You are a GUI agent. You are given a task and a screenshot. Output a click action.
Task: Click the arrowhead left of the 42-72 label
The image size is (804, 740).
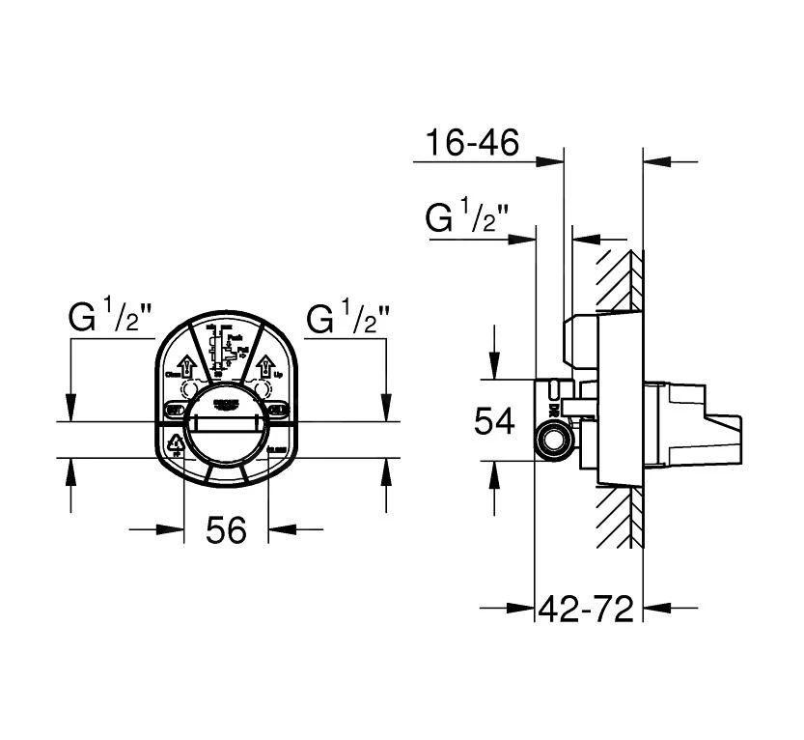tap(526, 609)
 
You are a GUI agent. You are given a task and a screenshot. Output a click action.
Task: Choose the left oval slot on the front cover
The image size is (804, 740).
tap(175, 410)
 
